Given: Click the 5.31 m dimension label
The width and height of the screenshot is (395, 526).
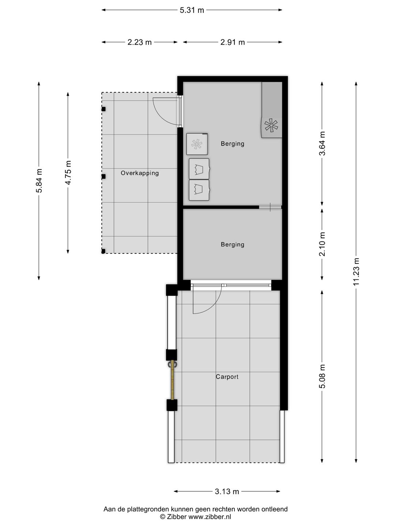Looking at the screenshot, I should coord(192,10).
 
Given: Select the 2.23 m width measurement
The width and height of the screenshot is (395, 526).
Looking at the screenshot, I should coord(139,42).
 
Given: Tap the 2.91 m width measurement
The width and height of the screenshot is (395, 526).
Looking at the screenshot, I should coord(232,42).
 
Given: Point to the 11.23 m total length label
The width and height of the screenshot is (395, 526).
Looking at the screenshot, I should coord(357,271).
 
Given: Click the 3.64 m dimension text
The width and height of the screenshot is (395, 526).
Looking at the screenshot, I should coord(322,144).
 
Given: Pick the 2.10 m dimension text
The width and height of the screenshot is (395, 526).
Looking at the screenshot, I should coord(322,244).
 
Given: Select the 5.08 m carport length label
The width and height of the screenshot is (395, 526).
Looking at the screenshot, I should coord(322,376).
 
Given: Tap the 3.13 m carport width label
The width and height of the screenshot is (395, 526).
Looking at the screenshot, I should coord(227,492).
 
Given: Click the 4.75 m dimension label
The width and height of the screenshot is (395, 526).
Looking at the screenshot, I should coord(68,172).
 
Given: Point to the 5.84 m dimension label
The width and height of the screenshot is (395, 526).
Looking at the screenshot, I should coord(39,180).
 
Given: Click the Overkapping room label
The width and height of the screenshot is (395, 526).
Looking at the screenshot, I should coord(140,173).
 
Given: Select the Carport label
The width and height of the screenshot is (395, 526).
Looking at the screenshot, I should coord(227,377).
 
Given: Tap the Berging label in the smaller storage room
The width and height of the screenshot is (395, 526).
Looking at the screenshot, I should coord(232,245).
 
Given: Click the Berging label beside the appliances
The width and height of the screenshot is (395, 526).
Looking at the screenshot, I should coord(232,144).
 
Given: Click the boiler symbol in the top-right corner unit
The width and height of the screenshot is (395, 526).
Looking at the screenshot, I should coord(271,126).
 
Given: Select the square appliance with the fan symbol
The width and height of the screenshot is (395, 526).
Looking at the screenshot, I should coord(197,144).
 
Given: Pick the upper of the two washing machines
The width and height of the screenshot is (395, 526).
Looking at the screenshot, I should coord(199,169).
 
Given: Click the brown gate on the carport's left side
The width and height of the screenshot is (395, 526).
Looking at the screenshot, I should coord(172,380).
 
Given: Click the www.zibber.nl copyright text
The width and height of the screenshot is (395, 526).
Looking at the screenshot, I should coord(195,517).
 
